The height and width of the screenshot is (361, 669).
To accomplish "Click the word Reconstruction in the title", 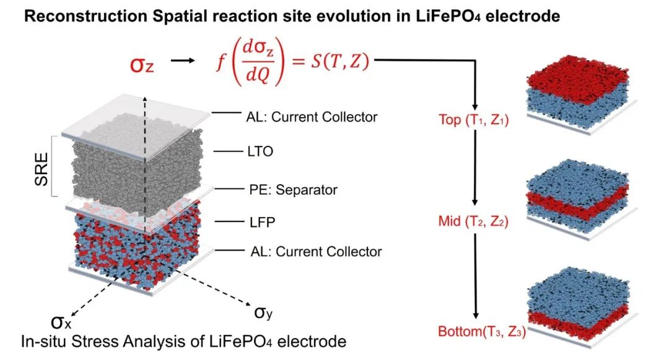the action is [85, 16].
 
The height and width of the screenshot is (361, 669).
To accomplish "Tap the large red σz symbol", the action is [142, 65].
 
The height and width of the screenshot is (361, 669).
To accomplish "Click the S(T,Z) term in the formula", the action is [339, 61].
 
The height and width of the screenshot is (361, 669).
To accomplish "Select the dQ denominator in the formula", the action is [258, 76].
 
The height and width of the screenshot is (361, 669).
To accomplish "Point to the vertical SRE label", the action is [42, 169].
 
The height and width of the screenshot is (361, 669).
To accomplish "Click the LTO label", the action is [260, 151].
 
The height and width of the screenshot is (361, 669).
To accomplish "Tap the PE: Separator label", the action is [293, 189].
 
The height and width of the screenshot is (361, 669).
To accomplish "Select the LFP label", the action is [263, 221].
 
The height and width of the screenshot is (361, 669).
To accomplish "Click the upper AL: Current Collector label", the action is [312, 117].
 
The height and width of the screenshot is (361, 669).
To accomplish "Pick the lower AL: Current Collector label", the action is [316, 251].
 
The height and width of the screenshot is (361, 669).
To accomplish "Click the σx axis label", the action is [61, 322].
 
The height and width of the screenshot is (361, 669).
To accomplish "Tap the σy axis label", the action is [263, 313].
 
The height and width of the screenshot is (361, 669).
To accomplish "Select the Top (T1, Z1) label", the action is [474, 120].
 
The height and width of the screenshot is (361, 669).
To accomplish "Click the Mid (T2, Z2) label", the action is [473, 221].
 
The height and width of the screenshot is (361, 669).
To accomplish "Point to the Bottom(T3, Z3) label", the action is [482, 331].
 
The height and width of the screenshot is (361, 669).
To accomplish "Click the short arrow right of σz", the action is [183, 61].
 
